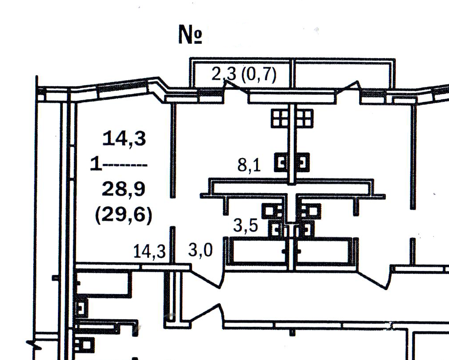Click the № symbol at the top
[x=191, y=35]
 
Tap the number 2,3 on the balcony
[x=224, y=74]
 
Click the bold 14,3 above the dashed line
[x=124, y=139]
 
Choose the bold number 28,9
[x=124, y=190]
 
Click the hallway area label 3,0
[x=200, y=251]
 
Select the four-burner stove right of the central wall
[x=305, y=118]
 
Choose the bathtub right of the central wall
[x=326, y=252]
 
